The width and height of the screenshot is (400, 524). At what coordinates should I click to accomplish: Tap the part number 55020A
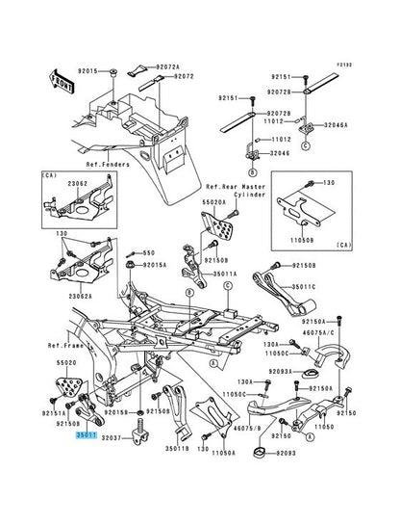[x=214, y=203]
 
